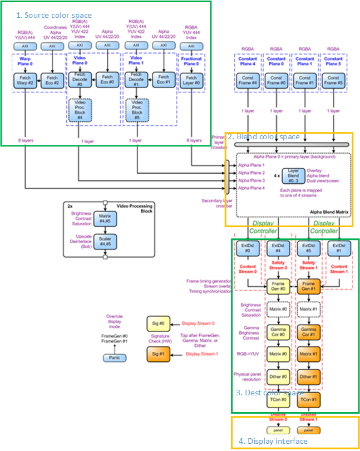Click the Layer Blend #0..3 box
coord(293,176)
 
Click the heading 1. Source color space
coord(54,15)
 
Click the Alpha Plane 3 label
coord(250,180)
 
